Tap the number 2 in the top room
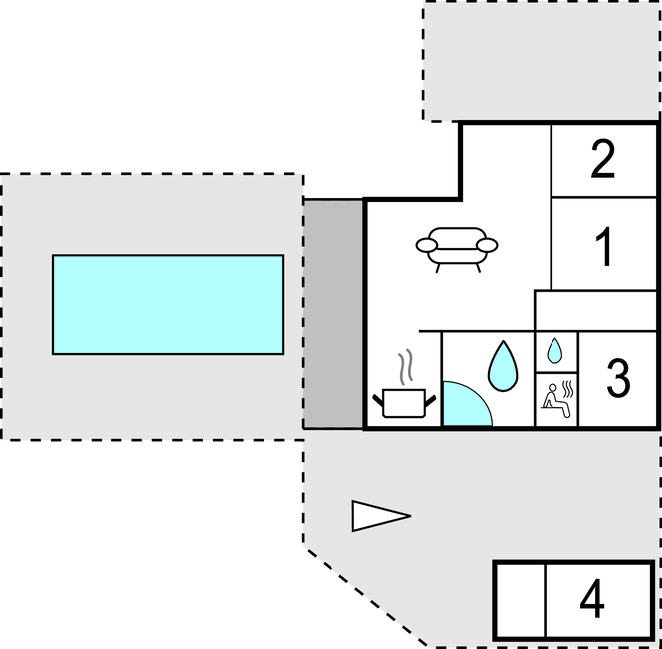pos(603,160)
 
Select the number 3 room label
pos(618,378)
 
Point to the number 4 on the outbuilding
pos(592,600)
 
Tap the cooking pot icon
pos(404,403)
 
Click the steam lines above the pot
pos(404,367)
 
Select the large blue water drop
pos(502,365)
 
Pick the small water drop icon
pos(556,350)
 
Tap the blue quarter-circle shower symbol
pos(460,406)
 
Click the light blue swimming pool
pos(167,305)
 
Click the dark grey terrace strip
pos(333,314)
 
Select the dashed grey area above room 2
pos(542,60)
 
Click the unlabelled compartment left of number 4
pos(519,600)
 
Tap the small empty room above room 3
pos(596,312)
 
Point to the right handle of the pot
pos(431,398)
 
